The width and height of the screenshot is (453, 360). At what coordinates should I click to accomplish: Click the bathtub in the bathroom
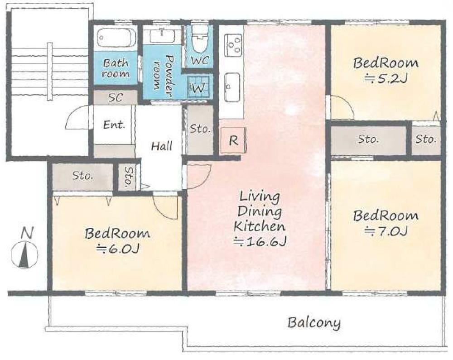tap(116, 37)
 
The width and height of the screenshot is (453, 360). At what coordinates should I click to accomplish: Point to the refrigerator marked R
tap(233, 140)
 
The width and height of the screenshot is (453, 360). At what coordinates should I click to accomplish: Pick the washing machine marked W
tap(198, 86)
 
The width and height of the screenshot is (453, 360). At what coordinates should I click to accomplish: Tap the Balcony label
tap(314, 323)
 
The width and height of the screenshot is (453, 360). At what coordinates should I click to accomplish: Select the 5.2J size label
tap(386, 78)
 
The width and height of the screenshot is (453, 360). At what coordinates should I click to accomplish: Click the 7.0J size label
tap(386, 230)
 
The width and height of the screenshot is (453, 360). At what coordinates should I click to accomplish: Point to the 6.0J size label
tap(118, 248)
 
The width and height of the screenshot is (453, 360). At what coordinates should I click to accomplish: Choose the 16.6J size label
tap(260, 241)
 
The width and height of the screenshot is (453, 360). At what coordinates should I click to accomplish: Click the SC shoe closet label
tap(115, 97)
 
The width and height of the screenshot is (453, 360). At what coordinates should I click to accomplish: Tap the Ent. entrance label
tap(115, 125)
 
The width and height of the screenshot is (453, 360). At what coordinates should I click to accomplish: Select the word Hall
tap(162, 146)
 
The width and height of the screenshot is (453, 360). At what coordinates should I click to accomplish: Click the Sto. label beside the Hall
tap(200, 128)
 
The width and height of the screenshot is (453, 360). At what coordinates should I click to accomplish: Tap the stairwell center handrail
tap(50, 71)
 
